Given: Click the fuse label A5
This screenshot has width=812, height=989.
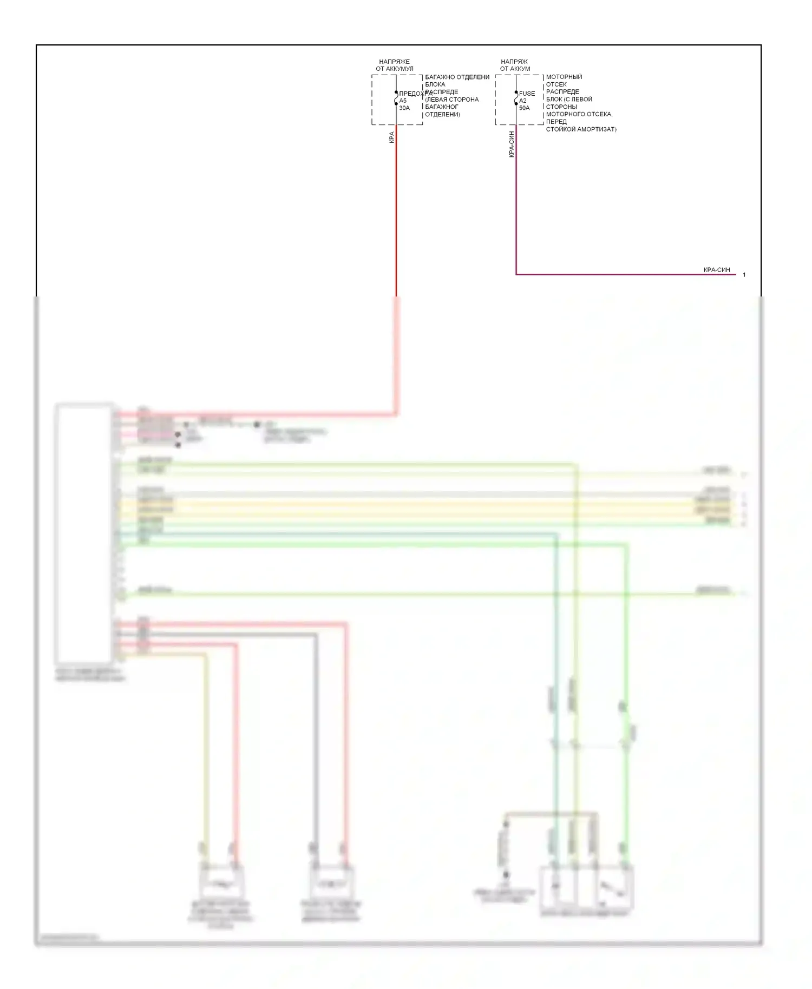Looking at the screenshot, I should pyautogui.click(x=403, y=101).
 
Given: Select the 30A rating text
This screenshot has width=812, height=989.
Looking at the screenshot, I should pyautogui.click(x=404, y=108).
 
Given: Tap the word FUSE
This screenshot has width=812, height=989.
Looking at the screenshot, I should pyautogui.click(x=527, y=94).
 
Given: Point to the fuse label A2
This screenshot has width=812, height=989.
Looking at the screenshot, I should pyautogui.click(x=523, y=101).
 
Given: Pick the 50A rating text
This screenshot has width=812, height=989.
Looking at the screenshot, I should pyautogui.click(x=525, y=108).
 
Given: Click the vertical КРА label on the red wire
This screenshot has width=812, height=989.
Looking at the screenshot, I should pyautogui.click(x=391, y=137).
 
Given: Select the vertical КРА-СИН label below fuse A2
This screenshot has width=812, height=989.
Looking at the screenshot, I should pyautogui.click(x=512, y=144).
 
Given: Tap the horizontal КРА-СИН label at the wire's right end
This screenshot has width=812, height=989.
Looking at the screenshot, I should pyautogui.click(x=717, y=269).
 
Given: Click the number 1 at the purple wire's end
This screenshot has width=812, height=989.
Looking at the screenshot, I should pyautogui.click(x=744, y=275).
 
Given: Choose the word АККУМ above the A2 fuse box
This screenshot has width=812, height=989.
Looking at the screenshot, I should pyautogui.click(x=520, y=69).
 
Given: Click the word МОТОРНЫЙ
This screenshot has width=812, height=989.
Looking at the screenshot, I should pyautogui.click(x=564, y=77).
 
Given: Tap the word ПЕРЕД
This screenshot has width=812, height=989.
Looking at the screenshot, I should pyautogui.click(x=556, y=122).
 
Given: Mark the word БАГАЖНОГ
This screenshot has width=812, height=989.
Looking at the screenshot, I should pyautogui.click(x=442, y=107).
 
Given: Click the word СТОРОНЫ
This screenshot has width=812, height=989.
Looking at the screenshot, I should pyautogui.click(x=561, y=107).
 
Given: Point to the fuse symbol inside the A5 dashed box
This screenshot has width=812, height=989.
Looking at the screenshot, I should pyautogui.click(x=396, y=98).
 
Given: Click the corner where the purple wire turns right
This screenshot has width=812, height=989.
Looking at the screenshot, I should pyautogui.click(x=516, y=274).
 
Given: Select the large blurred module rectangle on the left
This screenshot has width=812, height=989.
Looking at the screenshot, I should pyautogui.click(x=84, y=533).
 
